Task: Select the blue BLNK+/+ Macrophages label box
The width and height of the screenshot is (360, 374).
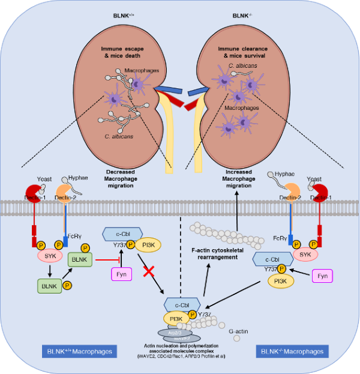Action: click(x=79, y=351)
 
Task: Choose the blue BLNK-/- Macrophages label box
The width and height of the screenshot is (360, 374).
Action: click(x=292, y=351)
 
